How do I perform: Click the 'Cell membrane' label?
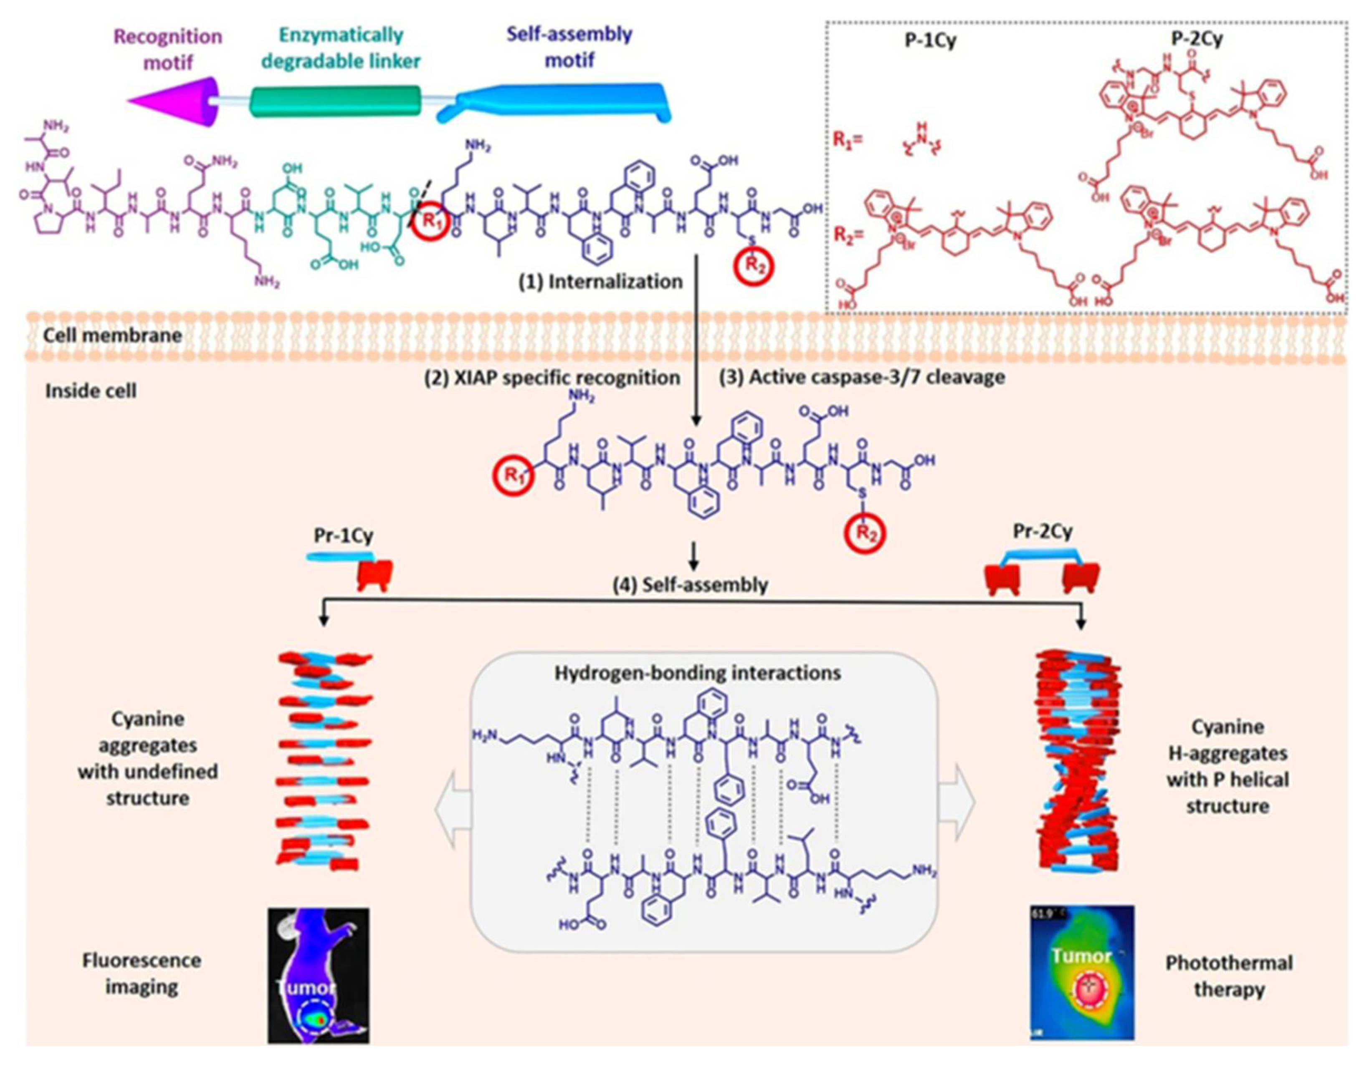[112, 335]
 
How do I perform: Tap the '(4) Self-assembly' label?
[690, 585]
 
